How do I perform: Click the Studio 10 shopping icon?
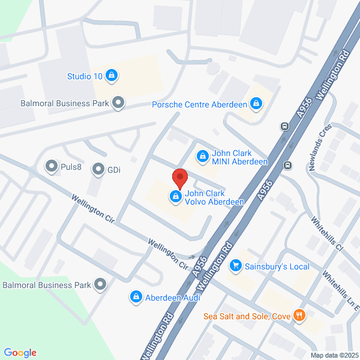(111, 76)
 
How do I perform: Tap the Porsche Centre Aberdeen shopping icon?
(257, 104)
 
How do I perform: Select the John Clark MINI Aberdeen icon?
(202, 157)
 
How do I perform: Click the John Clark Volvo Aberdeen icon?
(176, 196)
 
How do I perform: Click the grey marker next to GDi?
(98, 170)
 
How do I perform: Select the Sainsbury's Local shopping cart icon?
(236, 265)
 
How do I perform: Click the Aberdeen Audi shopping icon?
(136, 297)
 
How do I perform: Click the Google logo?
(20, 353)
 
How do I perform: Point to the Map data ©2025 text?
(334, 355)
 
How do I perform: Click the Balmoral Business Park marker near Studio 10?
(119, 103)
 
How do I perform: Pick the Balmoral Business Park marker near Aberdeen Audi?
(100, 284)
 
